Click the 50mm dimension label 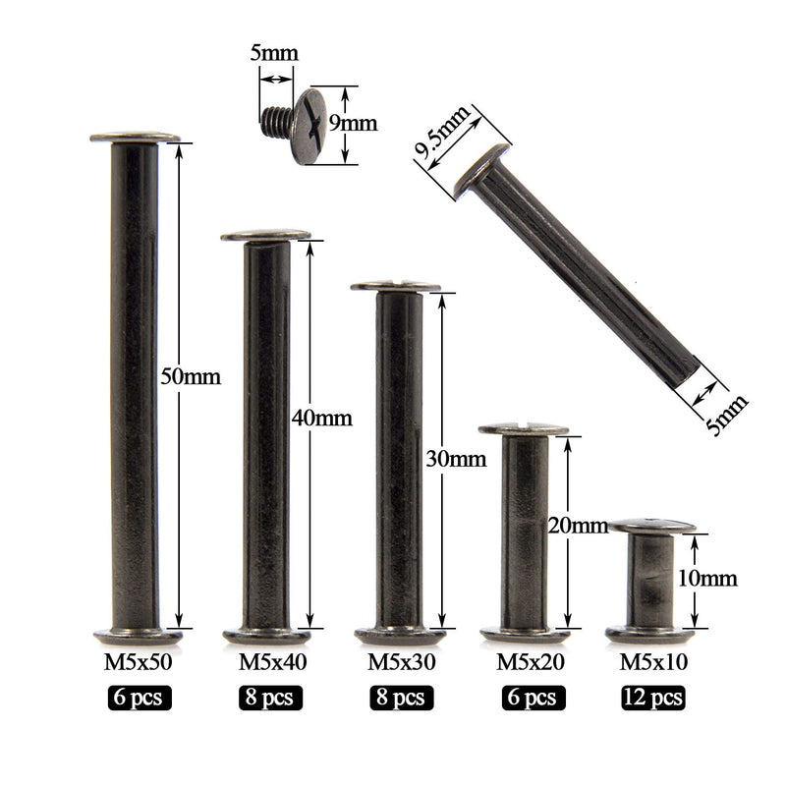[x=191, y=377]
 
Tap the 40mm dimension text [x=322, y=419]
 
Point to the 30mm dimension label [x=456, y=459]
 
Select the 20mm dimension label [x=578, y=526]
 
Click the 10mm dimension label [x=707, y=579]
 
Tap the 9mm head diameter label [x=353, y=124]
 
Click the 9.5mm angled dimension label [x=442, y=133]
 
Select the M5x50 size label [x=138, y=662]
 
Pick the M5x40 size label [x=272, y=662]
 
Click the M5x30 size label [x=402, y=662]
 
